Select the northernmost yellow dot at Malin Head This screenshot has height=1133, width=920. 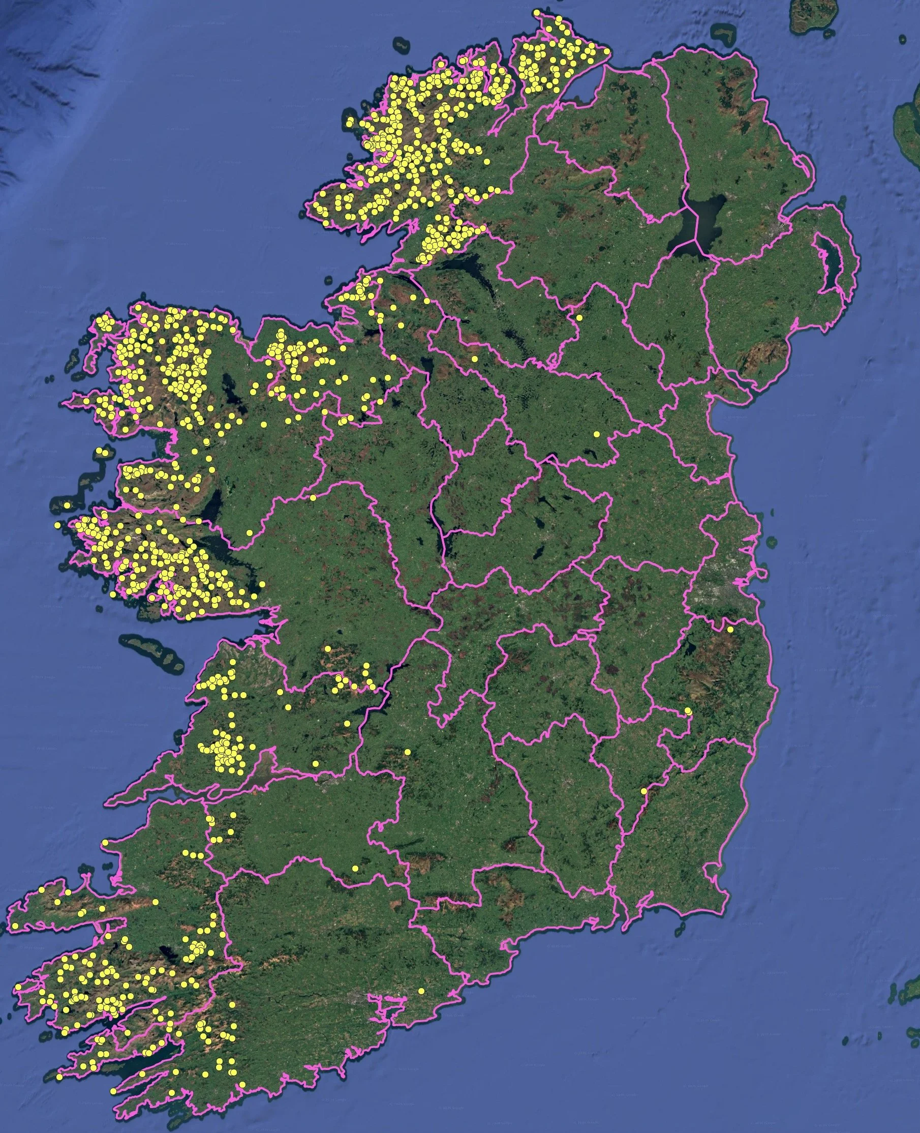pyautogui.click(x=537, y=12)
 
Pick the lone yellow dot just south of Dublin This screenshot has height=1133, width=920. pyautogui.click(x=730, y=630)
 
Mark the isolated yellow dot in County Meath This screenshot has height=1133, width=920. pyautogui.click(x=596, y=434)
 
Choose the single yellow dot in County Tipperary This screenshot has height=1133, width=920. pyautogui.click(x=408, y=752)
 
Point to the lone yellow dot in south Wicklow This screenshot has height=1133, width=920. pyautogui.click(x=688, y=710)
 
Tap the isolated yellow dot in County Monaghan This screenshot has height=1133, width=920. pyautogui.click(x=579, y=318)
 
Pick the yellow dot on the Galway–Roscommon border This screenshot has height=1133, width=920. pyautogui.click(x=313, y=498)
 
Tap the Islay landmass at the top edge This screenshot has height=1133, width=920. pyautogui.click(x=811, y=16)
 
